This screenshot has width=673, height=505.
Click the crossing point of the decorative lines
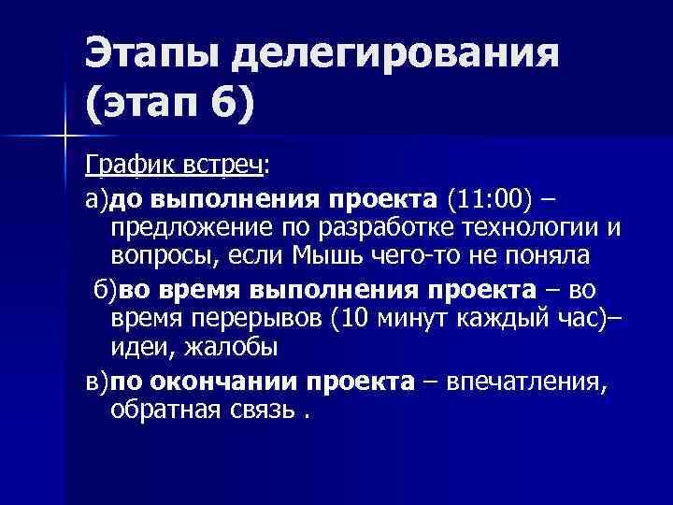[65, 136]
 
